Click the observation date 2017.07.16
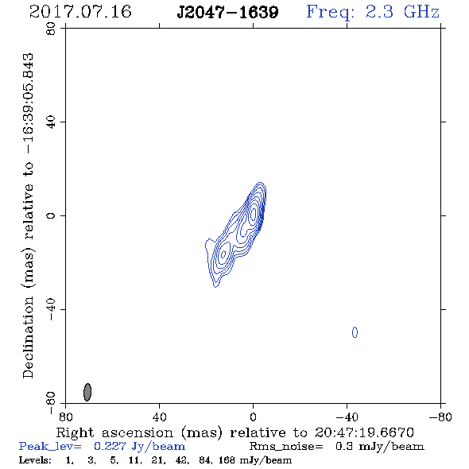[80, 12]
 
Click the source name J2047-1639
[227, 13]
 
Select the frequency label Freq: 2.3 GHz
[373, 13]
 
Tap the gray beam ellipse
[87, 392]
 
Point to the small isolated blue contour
[355, 332]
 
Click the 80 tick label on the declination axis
[51, 29]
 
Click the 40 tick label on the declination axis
[51, 122]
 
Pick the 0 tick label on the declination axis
[51, 215]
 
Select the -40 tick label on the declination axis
[51, 309]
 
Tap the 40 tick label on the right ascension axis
[159, 417]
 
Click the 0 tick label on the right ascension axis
[253, 417]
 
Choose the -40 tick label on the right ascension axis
[347, 417]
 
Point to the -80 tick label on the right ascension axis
[440, 417]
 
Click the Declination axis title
[29, 216]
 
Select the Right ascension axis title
[234, 432]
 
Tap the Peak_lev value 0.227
[110, 446]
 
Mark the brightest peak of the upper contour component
[253, 214]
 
